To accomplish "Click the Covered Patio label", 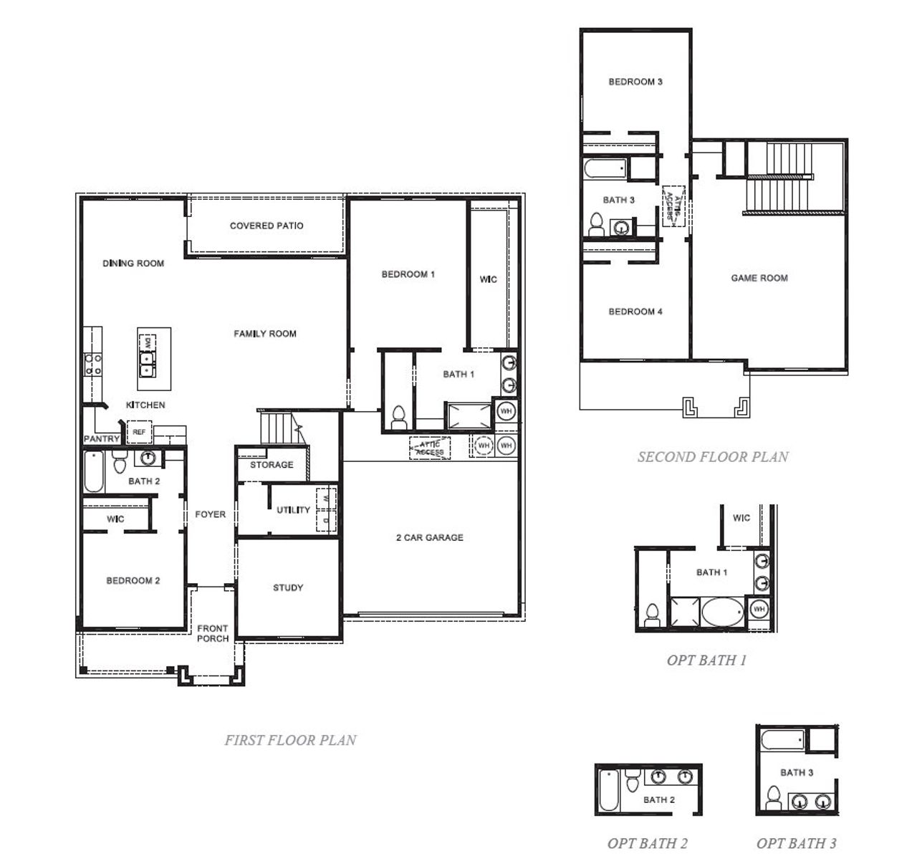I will click(267, 226).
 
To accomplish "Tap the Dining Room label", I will click(133, 263).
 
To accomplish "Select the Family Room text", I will click(264, 333).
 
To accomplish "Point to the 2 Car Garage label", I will click(429, 537).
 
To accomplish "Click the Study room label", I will click(288, 587).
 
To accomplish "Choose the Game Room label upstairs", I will click(759, 278).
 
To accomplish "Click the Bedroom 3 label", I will click(635, 82).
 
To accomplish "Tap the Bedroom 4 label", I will click(635, 312).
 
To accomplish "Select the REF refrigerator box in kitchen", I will click(139, 433).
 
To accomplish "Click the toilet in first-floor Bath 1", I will click(399, 416).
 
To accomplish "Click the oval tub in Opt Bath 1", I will click(723, 613).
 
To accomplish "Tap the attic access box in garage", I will click(430, 448).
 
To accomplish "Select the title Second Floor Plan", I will click(713, 456).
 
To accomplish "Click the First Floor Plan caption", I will click(290, 740).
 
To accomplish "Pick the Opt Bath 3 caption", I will click(796, 843).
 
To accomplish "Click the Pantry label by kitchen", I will click(102, 438).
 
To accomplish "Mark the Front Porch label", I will click(213, 633).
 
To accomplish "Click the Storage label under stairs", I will click(272, 465).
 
